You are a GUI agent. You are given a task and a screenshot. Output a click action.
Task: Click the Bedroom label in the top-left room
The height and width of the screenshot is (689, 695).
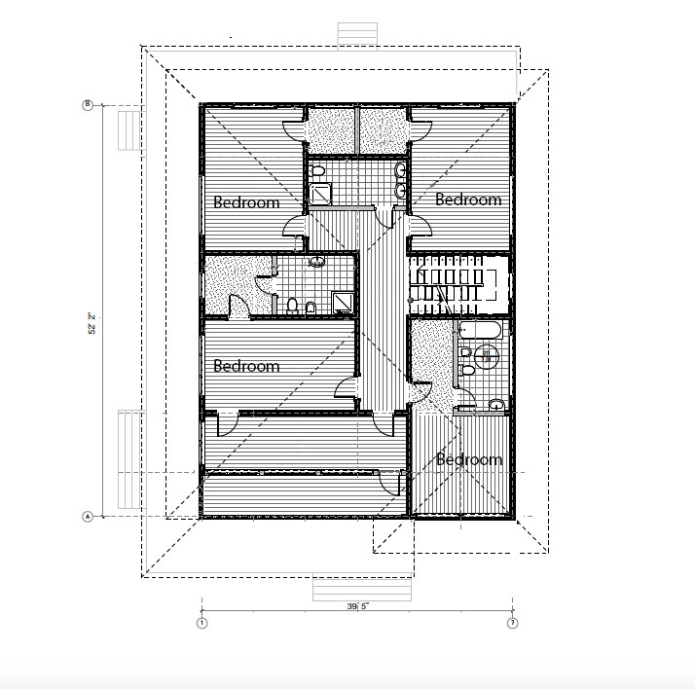coord(246,202)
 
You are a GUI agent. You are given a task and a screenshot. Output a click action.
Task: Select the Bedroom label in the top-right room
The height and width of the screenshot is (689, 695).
coord(468,199)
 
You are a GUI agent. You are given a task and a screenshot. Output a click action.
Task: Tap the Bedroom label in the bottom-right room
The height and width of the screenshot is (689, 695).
coord(468,458)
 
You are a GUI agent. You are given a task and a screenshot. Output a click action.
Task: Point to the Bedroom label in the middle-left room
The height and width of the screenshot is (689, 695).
coord(246,366)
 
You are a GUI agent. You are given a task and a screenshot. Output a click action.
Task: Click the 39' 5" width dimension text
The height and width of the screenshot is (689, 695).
coord(357,606)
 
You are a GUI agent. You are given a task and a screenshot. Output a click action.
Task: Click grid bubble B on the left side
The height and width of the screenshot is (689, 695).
coord(88,105)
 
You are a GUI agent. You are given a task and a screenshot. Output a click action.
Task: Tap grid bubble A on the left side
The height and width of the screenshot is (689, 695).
coord(88,516)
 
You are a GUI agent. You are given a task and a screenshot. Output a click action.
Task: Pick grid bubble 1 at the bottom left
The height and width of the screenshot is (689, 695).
coord(201,622)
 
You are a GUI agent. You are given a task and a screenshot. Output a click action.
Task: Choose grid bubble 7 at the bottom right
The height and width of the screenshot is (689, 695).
coord(512,622)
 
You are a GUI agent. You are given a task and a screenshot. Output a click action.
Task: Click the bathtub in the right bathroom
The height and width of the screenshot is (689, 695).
coord(481,331)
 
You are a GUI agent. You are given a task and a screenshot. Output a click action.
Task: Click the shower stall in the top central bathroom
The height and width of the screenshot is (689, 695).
coord(321,194)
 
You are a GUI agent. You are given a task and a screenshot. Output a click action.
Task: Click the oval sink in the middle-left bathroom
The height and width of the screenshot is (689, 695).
coord(316,262)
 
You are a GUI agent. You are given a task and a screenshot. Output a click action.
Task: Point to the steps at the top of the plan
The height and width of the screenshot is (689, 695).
coord(356,33)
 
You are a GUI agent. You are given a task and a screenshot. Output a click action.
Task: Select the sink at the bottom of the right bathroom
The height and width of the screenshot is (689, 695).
coord(497,405)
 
